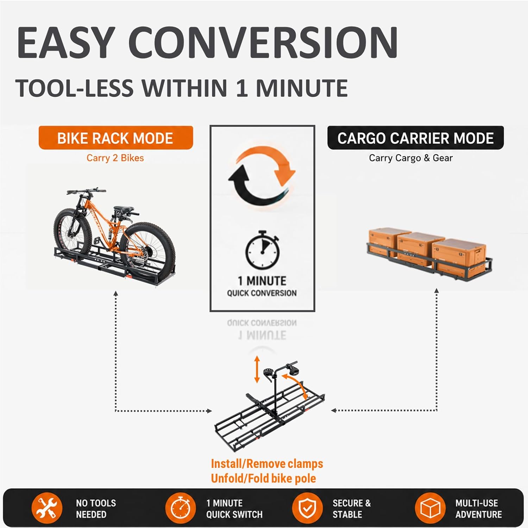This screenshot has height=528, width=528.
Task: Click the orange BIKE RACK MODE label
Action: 116,138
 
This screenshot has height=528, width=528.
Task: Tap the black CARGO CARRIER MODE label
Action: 415,138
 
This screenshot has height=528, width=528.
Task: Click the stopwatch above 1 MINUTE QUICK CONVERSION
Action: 263,250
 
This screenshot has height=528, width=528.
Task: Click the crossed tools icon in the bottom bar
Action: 47,508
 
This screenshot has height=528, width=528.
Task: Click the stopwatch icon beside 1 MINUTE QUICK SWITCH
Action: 181,508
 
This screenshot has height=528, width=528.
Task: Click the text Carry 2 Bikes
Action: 115,158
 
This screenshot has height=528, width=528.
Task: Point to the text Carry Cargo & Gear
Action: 411,158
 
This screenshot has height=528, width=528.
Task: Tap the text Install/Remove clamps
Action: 267,464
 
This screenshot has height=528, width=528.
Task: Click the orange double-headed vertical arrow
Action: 257,369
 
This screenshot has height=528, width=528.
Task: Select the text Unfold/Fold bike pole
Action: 263,478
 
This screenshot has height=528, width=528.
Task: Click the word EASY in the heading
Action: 66,43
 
